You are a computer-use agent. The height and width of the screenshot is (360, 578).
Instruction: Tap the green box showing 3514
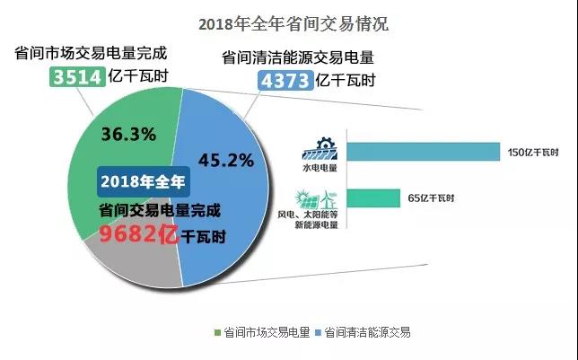pyautogui.click(x=75, y=77)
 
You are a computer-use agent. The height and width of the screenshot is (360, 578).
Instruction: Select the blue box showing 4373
pyautogui.click(x=285, y=81)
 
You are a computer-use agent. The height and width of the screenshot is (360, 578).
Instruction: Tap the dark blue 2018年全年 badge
pyautogui.click(x=144, y=181)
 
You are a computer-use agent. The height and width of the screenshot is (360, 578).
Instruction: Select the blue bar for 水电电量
pyautogui.click(x=422, y=152)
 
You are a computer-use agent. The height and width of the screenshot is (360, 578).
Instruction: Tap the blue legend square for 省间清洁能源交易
pyautogui.click(x=317, y=333)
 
